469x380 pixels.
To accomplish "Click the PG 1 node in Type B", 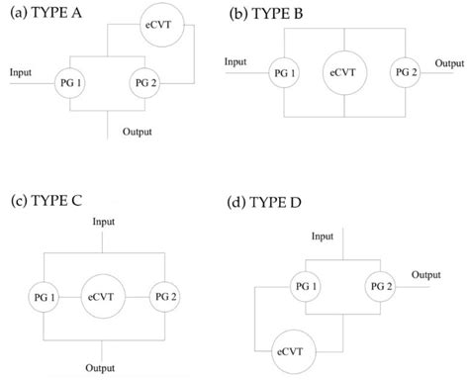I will pyautogui.click(x=285, y=73).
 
